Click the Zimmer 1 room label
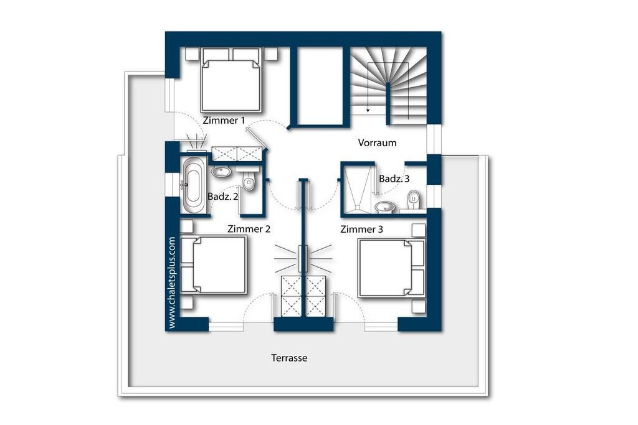[x=224, y=120]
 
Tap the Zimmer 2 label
[x=249, y=229]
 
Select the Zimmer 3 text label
[x=362, y=229]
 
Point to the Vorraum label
[x=377, y=142]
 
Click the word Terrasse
[x=289, y=358]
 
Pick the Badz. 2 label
[x=222, y=197]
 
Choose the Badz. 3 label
[x=394, y=179]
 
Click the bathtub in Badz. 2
[x=193, y=185]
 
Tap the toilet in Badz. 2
[x=249, y=181]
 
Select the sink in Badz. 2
[x=221, y=171]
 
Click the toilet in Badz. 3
[x=414, y=200]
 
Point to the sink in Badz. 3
[x=384, y=207]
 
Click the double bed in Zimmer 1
[x=231, y=80]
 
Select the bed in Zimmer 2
[x=214, y=265]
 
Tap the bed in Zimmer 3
[x=391, y=268]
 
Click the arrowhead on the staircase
[x=368, y=110]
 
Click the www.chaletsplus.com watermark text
[x=172, y=283]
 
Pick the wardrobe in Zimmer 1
[x=237, y=154]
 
